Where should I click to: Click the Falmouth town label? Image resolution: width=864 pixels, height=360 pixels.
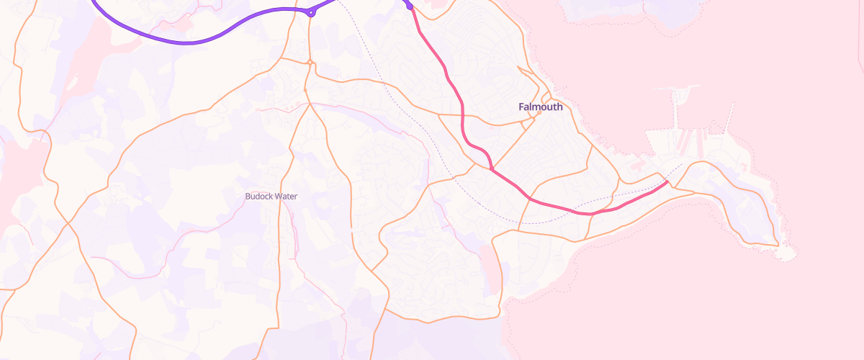(540, 107)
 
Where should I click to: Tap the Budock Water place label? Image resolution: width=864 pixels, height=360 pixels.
(271, 196)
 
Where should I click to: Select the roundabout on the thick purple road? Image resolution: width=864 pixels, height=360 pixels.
(311, 12)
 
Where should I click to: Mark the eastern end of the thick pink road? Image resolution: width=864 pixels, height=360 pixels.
(667, 181)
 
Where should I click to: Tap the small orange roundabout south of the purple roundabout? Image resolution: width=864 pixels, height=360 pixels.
(310, 63)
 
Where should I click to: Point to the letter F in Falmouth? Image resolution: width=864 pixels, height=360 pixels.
(521, 107)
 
